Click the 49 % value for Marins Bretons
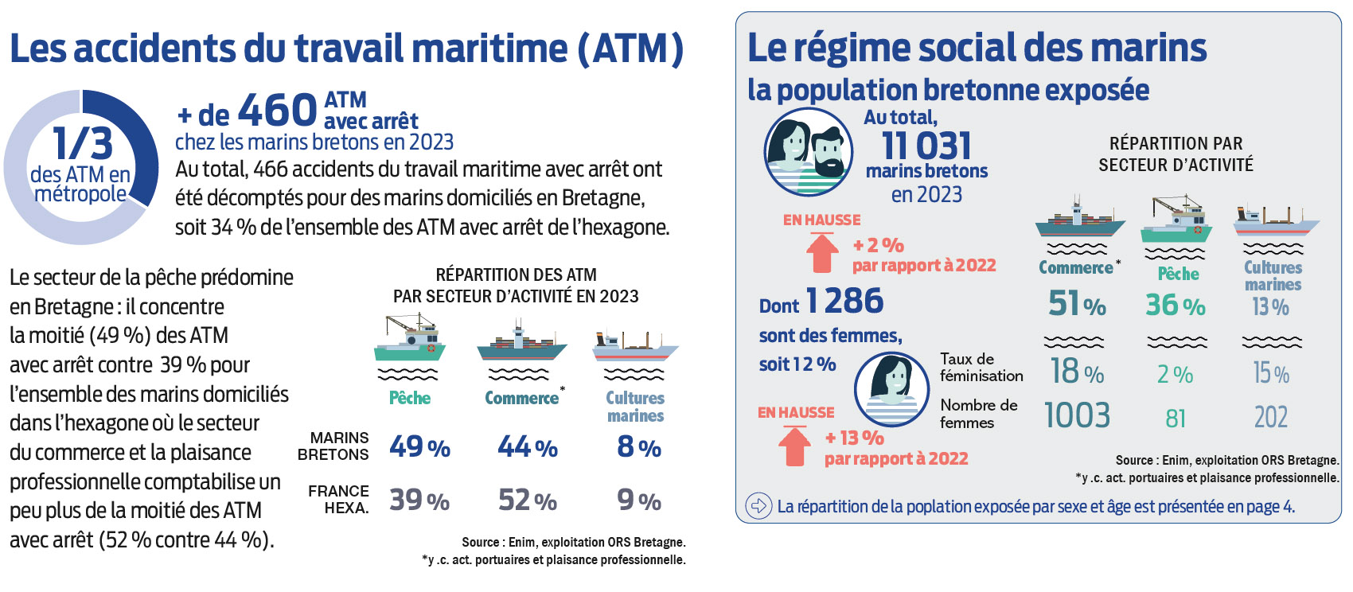419,447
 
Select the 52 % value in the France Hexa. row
527,500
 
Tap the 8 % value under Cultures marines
638,447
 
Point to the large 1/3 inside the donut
82,144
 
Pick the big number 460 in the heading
278,110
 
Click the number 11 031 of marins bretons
926,146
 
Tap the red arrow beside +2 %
822,252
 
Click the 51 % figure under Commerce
1076,304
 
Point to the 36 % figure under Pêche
1175,305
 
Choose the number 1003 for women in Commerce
1076,415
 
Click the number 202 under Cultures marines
1270,417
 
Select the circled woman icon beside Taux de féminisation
891,388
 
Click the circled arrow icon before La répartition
758,505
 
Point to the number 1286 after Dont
844,301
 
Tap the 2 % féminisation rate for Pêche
1175,374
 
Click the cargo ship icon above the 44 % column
521,341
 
